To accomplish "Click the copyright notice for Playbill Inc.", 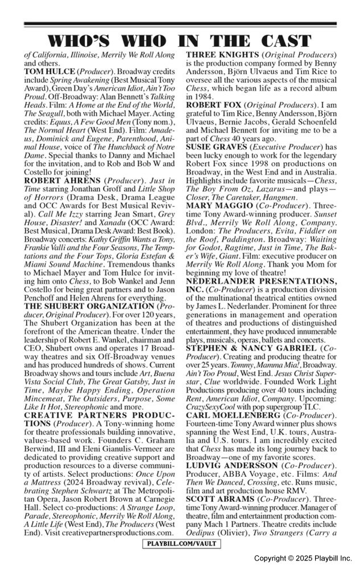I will pyautogui.click(x=303, y=558).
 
